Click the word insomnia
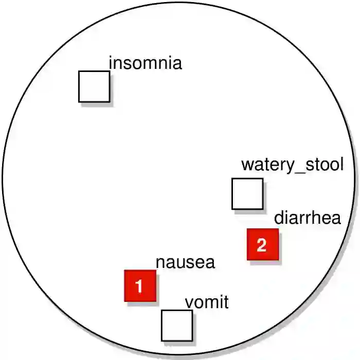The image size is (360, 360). [x=146, y=64]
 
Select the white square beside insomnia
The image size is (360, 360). [x=94, y=86]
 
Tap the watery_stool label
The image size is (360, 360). [x=292, y=165]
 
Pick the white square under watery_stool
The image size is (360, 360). [x=247, y=194]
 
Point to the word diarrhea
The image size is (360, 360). [x=307, y=218]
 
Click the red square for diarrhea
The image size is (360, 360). [x=263, y=244]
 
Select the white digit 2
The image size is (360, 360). [x=262, y=245]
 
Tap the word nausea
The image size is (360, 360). [x=185, y=262]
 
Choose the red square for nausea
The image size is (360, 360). [x=140, y=285]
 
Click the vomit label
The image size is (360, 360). [x=206, y=302]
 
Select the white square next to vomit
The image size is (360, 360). [x=177, y=326]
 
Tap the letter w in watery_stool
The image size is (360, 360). [x=247, y=166]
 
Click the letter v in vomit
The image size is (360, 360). [x=189, y=303]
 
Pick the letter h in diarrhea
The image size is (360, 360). [x=314, y=218]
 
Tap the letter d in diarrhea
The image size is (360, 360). [x=279, y=218]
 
